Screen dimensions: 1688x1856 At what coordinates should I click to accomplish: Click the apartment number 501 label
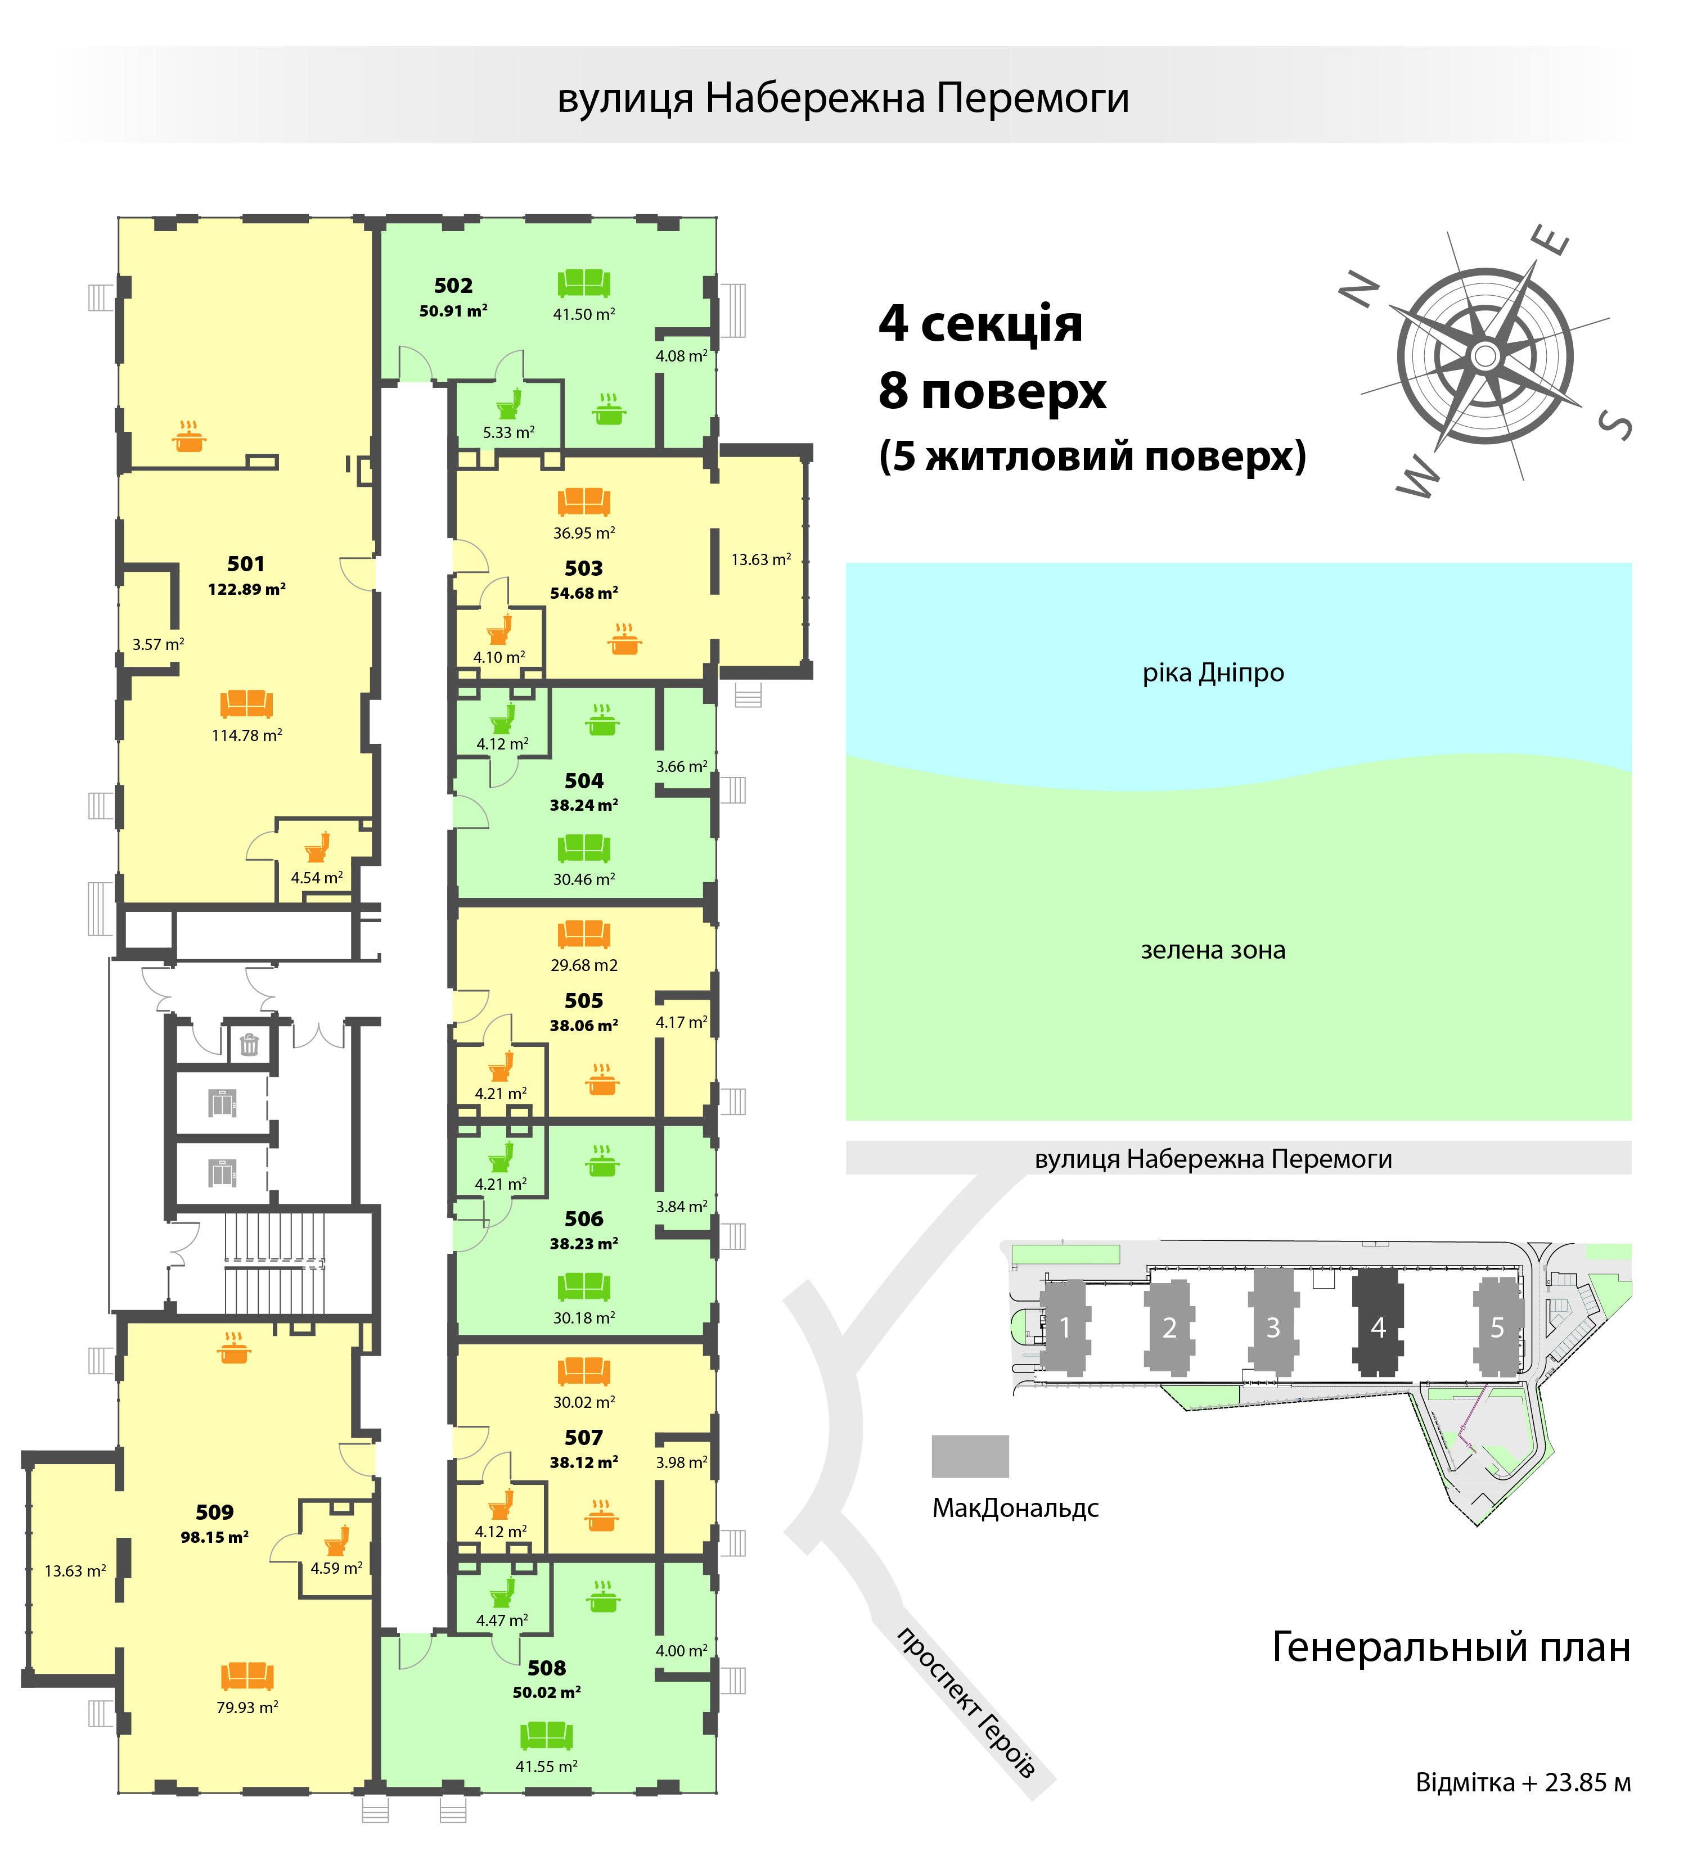pyautogui.click(x=246, y=563)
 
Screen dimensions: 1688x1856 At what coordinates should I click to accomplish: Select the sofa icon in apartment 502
pyautogui.click(x=584, y=283)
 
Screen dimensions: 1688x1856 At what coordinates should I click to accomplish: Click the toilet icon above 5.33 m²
pyautogui.click(x=509, y=403)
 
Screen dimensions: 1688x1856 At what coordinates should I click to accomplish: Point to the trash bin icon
pyautogui.click(x=249, y=1045)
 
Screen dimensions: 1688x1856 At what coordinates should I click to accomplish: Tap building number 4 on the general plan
pyautogui.click(x=1378, y=1326)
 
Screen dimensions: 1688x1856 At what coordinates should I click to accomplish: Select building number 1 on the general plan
pyautogui.click(x=1065, y=1326)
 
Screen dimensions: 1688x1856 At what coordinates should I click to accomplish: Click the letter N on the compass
pyautogui.click(x=1360, y=290)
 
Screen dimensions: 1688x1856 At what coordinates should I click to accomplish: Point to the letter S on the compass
pyautogui.click(x=1615, y=425)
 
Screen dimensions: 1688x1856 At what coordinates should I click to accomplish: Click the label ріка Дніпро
pyautogui.click(x=1213, y=673)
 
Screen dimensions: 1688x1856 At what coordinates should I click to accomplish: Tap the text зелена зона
pyautogui.click(x=1213, y=950)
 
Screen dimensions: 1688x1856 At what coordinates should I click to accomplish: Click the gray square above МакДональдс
pyautogui.click(x=970, y=1456)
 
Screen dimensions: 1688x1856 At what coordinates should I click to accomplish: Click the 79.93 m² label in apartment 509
pyautogui.click(x=247, y=1707)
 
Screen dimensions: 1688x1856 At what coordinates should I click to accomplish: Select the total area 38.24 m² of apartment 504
pyautogui.click(x=584, y=805)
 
